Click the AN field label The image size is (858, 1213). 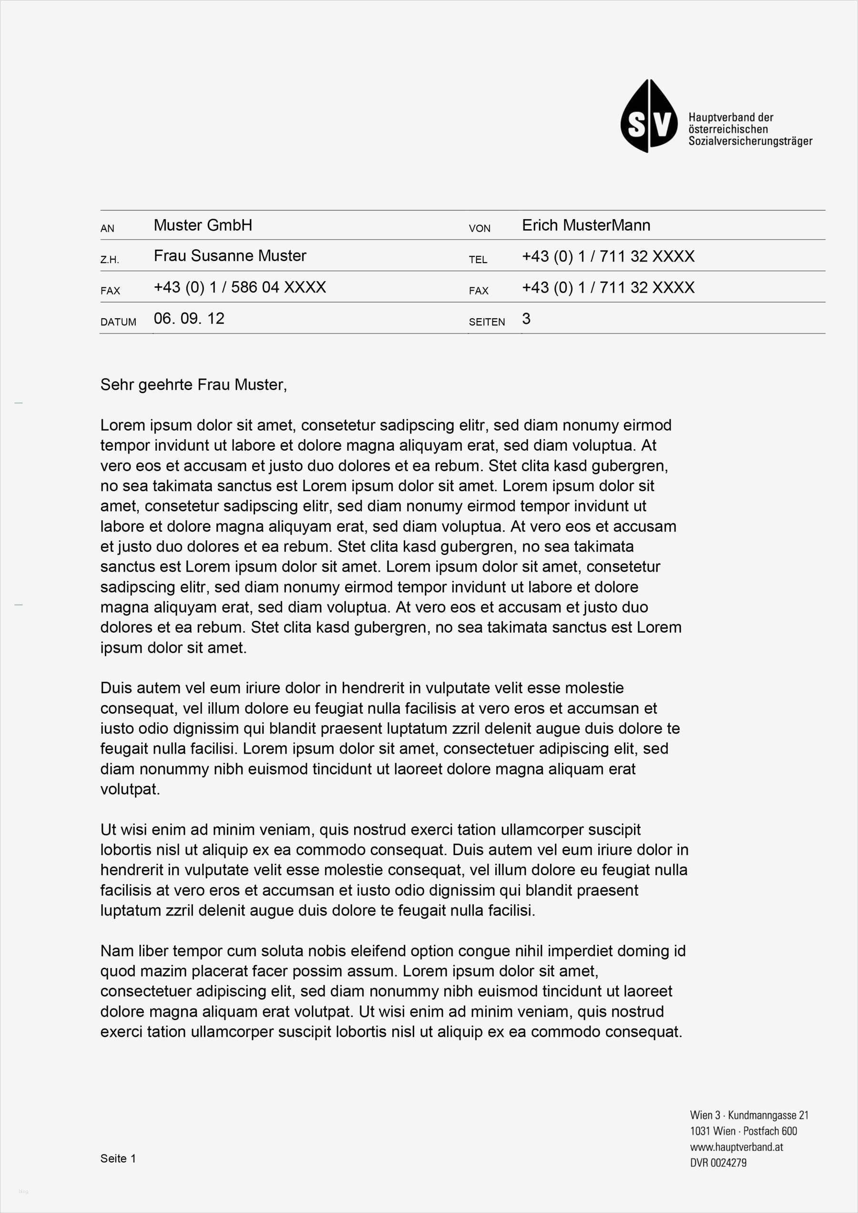[107, 229]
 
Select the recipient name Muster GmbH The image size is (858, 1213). [203, 225]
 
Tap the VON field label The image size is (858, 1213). [480, 229]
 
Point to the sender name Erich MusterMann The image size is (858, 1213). [586, 225]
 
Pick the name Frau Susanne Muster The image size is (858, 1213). [230, 256]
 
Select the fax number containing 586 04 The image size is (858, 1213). [239, 287]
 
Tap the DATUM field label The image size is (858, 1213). [118, 322]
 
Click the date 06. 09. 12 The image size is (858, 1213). [189, 319]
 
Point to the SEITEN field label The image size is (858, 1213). [486, 322]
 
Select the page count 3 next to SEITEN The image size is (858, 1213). [526, 319]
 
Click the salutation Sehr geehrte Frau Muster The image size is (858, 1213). [194, 384]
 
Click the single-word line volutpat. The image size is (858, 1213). [130, 789]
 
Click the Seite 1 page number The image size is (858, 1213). [118, 1159]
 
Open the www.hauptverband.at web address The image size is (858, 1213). [736, 1147]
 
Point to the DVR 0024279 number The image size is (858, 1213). [718, 1162]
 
